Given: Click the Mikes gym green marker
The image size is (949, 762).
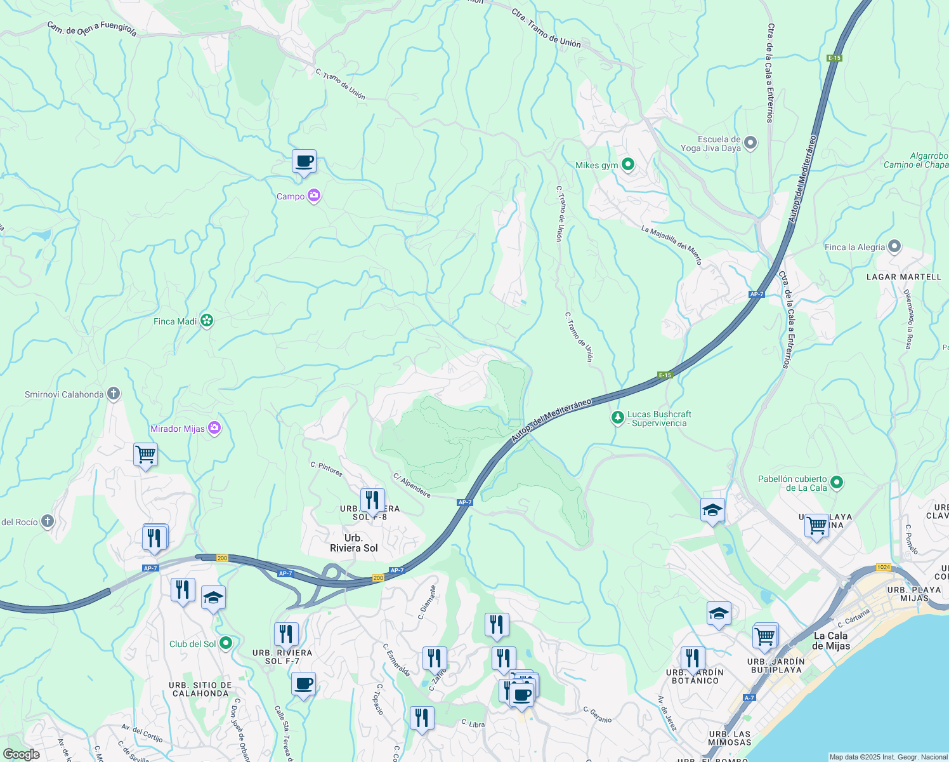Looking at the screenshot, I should (628, 164).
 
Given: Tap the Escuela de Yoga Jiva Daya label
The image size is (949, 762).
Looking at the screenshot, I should (710, 144).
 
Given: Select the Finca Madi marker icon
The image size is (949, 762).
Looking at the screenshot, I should (207, 321).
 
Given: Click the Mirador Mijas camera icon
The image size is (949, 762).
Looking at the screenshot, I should (214, 429).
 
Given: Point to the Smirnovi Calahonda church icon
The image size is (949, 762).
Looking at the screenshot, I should (114, 394).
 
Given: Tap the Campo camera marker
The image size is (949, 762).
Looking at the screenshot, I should (314, 196).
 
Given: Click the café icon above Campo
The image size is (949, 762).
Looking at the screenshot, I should (304, 161).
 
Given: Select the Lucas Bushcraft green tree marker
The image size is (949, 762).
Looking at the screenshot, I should (617, 418).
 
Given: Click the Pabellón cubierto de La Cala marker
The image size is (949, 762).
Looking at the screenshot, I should (837, 483).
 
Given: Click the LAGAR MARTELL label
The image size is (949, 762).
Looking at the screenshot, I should (904, 277).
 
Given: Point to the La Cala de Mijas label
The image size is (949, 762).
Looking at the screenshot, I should (830, 640).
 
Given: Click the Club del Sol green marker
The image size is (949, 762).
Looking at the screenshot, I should (225, 643).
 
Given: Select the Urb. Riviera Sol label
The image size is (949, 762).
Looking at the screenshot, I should (354, 543).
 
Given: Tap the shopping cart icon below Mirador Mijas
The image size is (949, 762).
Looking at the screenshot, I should (145, 455).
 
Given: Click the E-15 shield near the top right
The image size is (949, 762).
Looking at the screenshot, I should (834, 58).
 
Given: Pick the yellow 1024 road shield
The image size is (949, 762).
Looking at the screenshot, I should (883, 567).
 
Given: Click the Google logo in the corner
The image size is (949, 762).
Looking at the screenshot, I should (21, 754).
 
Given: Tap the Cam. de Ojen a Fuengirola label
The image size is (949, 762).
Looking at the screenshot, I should (92, 29).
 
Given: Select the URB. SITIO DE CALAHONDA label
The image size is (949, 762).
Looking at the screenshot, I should (200, 689).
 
